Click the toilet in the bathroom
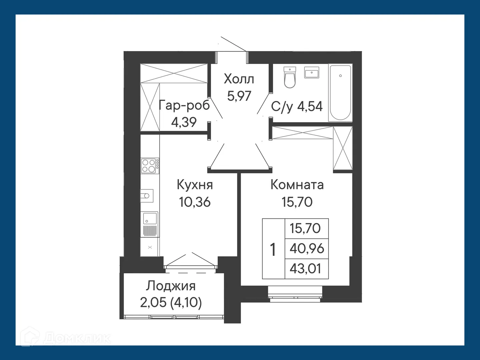point(290,77)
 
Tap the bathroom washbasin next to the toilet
point(311,72)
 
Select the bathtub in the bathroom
point(340,93)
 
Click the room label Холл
point(239,79)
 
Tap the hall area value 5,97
point(239,96)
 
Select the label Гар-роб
point(184,105)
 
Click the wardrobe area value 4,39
point(184,122)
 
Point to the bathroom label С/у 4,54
point(297,107)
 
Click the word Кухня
point(195,185)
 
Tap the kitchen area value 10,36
point(195,202)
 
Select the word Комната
point(297,185)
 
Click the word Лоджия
point(171,286)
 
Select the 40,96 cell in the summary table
point(307,248)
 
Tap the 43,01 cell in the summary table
point(305,269)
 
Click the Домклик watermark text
point(77,339)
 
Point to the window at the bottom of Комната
point(295,294)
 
